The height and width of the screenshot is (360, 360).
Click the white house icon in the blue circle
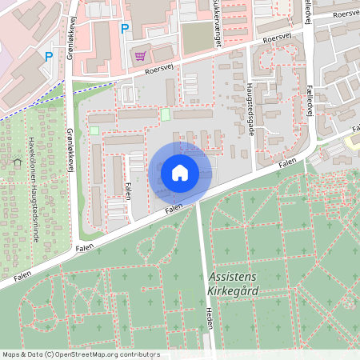tap(179, 172)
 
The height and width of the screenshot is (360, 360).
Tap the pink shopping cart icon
tap(141, 55)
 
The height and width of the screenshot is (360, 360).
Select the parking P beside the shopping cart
tap(124, 29)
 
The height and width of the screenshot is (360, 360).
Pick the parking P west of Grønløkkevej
tap(49, 57)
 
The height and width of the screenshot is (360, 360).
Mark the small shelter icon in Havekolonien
tap(17, 162)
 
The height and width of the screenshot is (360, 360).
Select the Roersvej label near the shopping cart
tap(158, 70)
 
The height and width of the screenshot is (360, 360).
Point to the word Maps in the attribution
tap(11, 354)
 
